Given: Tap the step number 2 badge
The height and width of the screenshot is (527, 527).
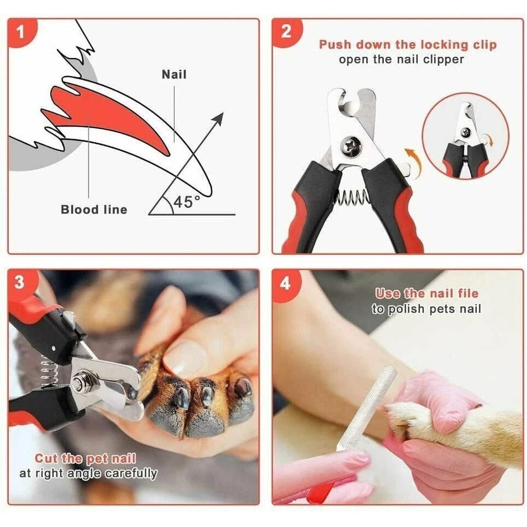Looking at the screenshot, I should [x=286, y=32].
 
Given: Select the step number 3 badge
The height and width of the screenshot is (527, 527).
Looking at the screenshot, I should [x=20, y=283].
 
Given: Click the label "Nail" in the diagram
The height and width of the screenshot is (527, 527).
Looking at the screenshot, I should [x=174, y=74].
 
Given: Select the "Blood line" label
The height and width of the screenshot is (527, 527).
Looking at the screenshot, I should [x=94, y=210].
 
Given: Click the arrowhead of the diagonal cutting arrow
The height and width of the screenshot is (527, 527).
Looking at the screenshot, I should [x=218, y=118].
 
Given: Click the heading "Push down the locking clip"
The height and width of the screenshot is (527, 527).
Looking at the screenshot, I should [x=407, y=45].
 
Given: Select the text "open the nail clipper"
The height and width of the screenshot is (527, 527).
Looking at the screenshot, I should [x=401, y=59].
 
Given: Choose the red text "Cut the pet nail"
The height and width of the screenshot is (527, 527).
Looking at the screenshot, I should [x=85, y=458].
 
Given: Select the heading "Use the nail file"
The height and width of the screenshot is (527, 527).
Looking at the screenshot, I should [x=426, y=294].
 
